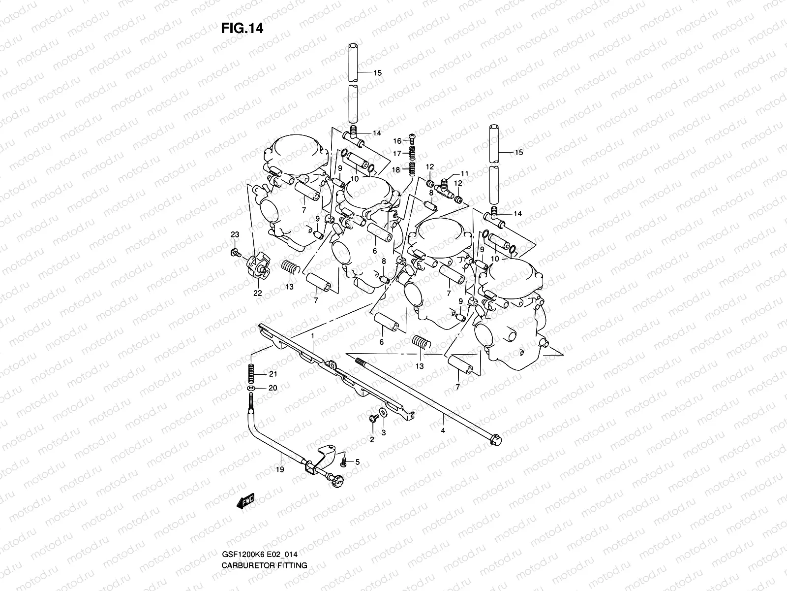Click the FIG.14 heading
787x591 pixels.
(x=242, y=28)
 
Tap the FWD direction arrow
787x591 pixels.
(x=245, y=501)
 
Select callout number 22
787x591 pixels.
(x=257, y=293)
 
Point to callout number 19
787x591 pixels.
(x=280, y=470)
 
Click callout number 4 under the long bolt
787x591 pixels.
(x=443, y=431)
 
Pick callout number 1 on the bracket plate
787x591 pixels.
(x=312, y=335)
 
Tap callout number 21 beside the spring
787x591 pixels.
(x=272, y=374)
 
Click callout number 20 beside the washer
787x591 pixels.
(x=272, y=388)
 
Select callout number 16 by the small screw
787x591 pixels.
(x=397, y=141)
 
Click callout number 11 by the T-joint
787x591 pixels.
(x=464, y=174)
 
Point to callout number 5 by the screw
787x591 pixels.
(x=358, y=462)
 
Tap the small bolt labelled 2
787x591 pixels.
(x=372, y=418)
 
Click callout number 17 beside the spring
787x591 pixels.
(x=397, y=153)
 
